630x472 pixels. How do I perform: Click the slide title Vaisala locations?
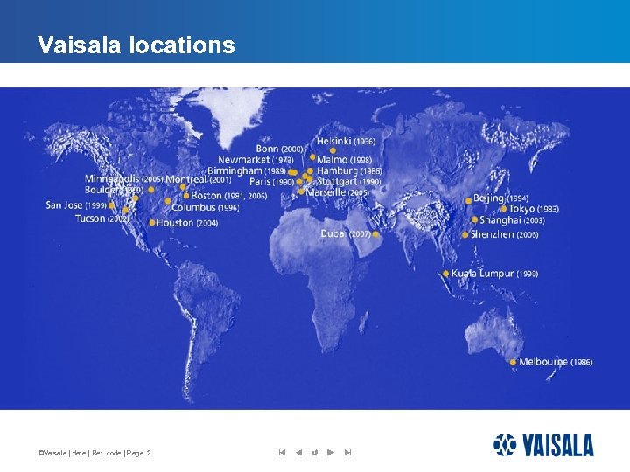click(136, 45)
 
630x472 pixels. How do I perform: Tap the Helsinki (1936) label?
click(346, 141)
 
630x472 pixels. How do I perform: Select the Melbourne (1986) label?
click(556, 362)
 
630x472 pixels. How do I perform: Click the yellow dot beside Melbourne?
click(514, 362)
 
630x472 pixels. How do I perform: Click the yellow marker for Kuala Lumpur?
click(445, 274)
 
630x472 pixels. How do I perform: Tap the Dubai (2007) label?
click(346, 234)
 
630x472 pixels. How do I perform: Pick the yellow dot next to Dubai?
click(376, 234)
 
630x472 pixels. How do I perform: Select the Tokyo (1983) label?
click(534, 209)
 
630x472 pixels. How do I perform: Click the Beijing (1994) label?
click(500, 198)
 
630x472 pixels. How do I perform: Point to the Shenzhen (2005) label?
click(505, 234)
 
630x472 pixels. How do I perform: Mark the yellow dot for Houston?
click(152, 223)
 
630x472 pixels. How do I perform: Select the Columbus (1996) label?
click(206, 208)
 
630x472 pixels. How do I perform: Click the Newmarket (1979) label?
click(255, 160)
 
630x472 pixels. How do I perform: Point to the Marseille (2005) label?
click(338, 192)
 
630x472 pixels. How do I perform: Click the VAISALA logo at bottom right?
click(543, 445)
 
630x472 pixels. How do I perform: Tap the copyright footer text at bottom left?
click(94, 453)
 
